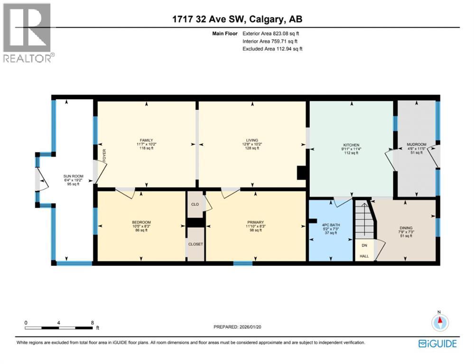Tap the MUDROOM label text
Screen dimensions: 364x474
(x=417, y=144)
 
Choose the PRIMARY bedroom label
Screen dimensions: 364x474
(x=255, y=221)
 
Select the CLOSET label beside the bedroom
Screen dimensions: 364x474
(x=195, y=244)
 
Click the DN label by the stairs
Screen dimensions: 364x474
(x=364, y=246)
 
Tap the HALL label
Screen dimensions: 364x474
(x=364, y=256)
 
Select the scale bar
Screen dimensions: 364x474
(x=59, y=327)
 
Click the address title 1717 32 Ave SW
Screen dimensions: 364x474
(x=237, y=19)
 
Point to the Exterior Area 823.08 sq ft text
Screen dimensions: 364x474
(x=271, y=34)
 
